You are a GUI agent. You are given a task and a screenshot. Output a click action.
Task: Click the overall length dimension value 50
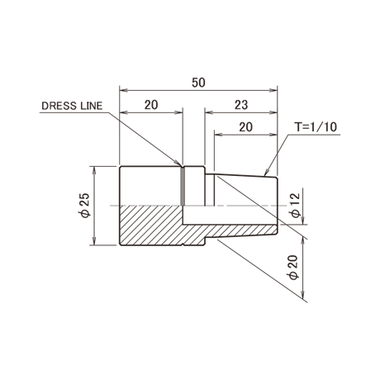pyautogui.click(x=198, y=83)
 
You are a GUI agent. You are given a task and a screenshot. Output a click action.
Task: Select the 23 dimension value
pyautogui.click(x=241, y=105)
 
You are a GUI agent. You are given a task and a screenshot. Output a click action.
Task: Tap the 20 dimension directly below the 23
pyautogui.click(x=245, y=127)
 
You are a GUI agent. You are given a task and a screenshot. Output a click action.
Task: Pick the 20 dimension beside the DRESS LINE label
pyautogui.click(x=151, y=105)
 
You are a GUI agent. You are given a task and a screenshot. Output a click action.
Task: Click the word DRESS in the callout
pyautogui.click(x=59, y=106)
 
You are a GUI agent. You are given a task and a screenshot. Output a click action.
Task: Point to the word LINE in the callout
pyautogui.click(x=92, y=106)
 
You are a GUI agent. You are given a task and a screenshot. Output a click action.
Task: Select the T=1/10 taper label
pyautogui.click(x=316, y=127)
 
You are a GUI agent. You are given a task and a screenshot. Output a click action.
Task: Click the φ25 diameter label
pyautogui.click(x=85, y=206)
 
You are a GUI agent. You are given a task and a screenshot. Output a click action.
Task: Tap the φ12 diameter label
pyautogui.click(x=296, y=206)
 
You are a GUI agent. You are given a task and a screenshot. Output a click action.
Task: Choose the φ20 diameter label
pyautogui.click(x=293, y=268)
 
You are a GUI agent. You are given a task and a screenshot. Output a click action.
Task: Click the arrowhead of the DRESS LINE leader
pyautogui.click(x=178, y=164)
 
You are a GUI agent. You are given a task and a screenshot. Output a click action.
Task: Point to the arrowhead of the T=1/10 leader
pyautogui.click(x=265, y=172)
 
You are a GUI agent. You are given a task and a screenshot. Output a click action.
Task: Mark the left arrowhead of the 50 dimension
pyautogui.click(x=123, y=90)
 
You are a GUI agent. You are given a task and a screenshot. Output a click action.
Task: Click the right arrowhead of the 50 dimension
pyautogui.click(x=273, y=90)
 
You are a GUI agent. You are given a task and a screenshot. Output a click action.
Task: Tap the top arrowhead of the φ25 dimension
pyautogui.click(x=94, y=170)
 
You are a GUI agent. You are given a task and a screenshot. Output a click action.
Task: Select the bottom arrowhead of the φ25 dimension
pyautogui.click(x=94, y=241)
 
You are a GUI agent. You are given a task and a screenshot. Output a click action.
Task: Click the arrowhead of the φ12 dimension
pyautogui.click(x=303, y=221)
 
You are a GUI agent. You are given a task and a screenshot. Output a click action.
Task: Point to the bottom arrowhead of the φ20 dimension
pyautogui.click(x=303, y=295)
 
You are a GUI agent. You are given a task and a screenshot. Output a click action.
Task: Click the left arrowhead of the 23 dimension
pyautogui.click(x=208, y=112)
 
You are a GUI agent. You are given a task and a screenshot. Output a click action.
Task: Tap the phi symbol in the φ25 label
pyautogui.click(x=85, y=214)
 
